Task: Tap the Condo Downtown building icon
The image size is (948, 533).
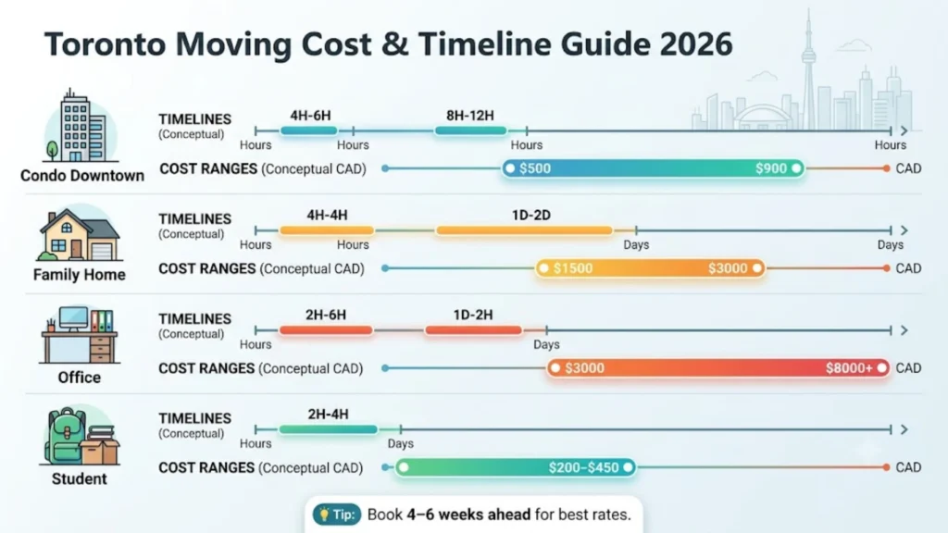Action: tap(80, 126)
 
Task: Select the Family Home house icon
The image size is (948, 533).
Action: tap(80, 234)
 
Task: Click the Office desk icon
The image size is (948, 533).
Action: tap(80, 335)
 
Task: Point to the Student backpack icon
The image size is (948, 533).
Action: tap(80, 435)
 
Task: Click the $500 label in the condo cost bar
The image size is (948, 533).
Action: tap(535, 168)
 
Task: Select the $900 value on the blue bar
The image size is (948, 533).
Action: tap(771, 168)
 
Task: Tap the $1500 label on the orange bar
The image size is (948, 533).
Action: tap(572, 268)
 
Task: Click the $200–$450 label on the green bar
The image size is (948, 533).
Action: tap(583, 467)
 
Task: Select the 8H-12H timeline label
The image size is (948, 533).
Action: tap(469, 116)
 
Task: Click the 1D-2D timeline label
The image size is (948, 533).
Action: tap(530, 215)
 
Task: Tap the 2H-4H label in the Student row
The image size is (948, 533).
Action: tap(328, 415)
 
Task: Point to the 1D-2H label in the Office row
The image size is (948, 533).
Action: tap(473, 315)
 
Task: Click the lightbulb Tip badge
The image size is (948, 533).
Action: tap(337, 514)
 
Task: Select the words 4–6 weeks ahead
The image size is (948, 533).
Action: tap(468, 514)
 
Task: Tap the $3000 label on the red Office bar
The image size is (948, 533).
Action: tap(584, 368)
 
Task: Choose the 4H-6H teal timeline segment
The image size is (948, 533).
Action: tap(309, 130)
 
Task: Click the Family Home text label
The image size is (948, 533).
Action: tap(80, 275)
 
